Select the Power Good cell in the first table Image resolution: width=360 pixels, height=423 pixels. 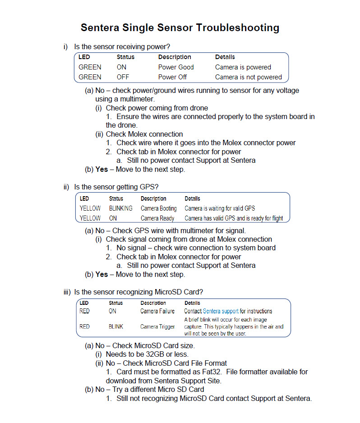coord(176,67)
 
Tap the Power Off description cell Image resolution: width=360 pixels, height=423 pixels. coord(173,77)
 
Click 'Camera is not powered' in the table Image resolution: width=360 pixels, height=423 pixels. coord(249,77)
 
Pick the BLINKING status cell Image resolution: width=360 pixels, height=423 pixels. coord(121,208)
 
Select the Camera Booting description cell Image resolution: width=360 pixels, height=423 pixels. coord(159,208)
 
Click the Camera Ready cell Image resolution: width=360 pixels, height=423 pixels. coord(157,218)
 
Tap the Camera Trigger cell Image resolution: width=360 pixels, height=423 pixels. coord(157,326)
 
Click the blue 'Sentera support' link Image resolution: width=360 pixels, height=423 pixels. coord(221,311)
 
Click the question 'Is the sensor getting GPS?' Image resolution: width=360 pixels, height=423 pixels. coord(116,187)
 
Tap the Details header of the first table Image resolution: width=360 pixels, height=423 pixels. coord(225,57)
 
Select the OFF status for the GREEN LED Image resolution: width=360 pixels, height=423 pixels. coord(123,77)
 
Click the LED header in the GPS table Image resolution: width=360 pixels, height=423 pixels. coord(84,198)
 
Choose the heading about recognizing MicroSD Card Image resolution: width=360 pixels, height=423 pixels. coord(141,292)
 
